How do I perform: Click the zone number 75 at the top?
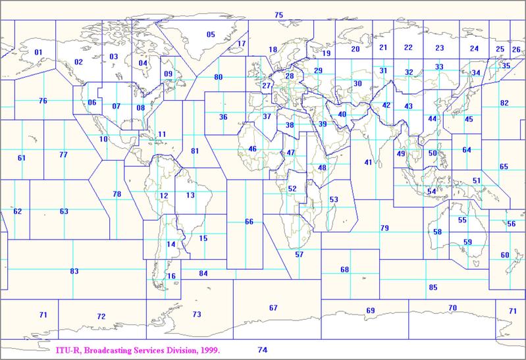click(x=278, y=15)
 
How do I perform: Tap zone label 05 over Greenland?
click(x=211, y=35)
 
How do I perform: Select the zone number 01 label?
click(x=38, y=52)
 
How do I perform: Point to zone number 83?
click(x=74, y=271)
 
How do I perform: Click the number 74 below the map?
click(x=263, y=350)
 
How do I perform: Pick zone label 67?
click(x=273, y=308)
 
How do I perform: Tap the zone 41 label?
click(x=369, y=162)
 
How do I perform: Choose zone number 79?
click(x=384, y=228)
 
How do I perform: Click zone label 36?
click(x=223, y=117)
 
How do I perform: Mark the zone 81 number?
click(x=194, y=151)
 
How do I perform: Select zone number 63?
click(x=64, y=212)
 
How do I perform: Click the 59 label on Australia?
click(x=467, y=242)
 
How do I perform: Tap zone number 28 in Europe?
click(x=289, y=76)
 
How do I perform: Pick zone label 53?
click(x=333, y=199)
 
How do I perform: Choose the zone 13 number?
click(x=190, y=195)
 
